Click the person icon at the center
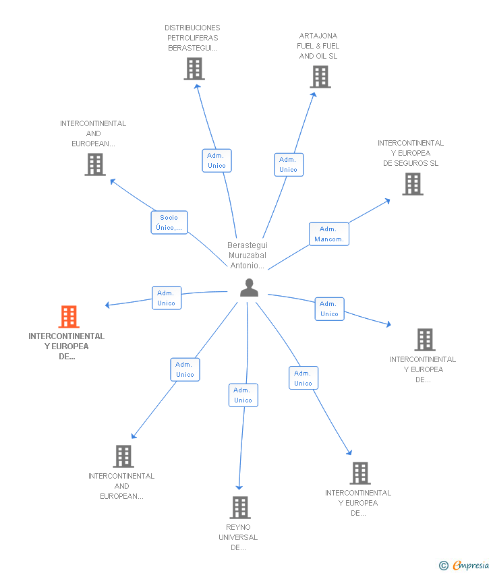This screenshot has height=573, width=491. [x=249, y=288]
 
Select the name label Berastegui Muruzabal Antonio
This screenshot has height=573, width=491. [x=247, y=255]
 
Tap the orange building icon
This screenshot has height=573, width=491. [x=69, y=317]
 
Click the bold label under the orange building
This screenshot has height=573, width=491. [x=67, y=346]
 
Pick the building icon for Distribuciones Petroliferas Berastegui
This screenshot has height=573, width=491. [x=194, y=69]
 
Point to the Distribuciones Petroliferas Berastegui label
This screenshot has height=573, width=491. [x=192, y=38]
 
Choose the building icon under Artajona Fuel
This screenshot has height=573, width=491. [x=320, y=77]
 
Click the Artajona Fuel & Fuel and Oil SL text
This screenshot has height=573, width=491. [x=318, y=46]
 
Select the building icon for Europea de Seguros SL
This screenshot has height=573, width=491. [x=413, y=184]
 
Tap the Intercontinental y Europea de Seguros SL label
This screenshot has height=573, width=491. [x=411, y=153]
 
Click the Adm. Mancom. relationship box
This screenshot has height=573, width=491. [x=329, y=234]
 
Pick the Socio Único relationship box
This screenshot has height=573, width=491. [x=169, y=222]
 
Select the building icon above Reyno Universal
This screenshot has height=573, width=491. [x=240, y=508]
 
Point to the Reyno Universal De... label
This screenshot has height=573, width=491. [x=238, y=537]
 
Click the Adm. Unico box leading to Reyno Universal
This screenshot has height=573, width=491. [x=243, y=395]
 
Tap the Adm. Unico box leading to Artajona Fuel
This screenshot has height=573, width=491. [x=288, y=164]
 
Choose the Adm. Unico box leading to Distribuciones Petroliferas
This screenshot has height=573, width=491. [x=216, y=160]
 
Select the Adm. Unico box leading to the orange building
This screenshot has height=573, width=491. [x=166, y=298]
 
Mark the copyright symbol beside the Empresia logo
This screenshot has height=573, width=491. [x=443, y=566]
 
